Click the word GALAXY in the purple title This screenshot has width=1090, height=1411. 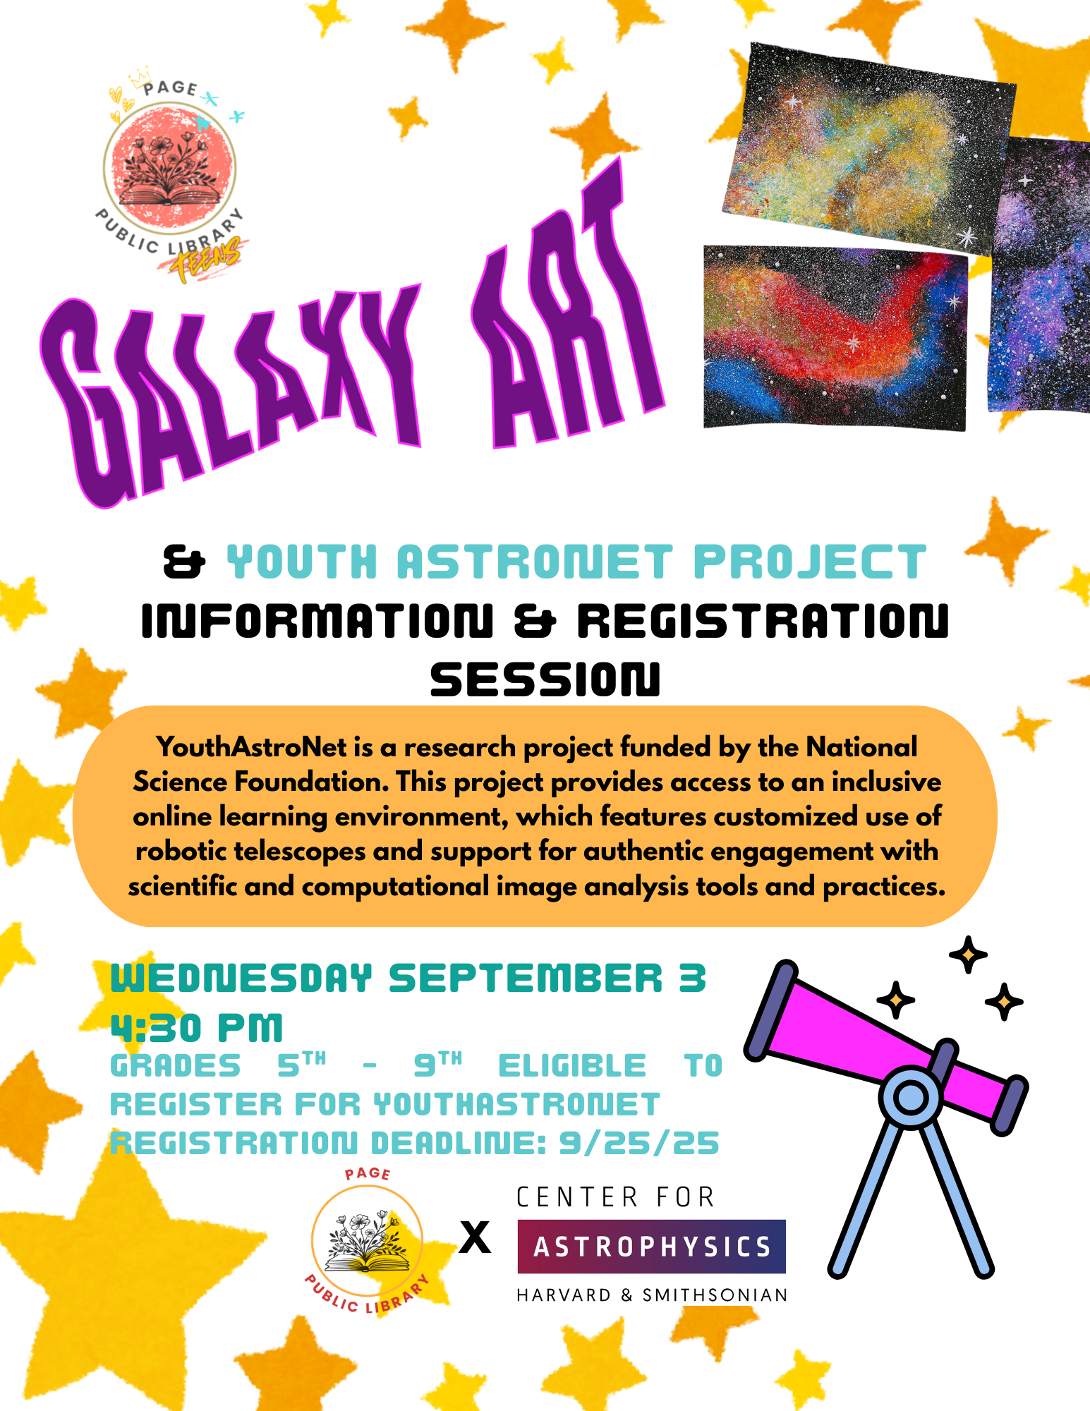(x=233, y=395)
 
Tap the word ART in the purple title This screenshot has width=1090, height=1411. (x=564, y=310)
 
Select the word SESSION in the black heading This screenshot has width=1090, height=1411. (x=545, y=679)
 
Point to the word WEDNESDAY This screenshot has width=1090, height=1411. (x=241, y=979)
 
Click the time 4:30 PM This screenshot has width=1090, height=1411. (x=197, y=1027)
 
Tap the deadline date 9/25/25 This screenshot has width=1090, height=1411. (x=639, y=1143)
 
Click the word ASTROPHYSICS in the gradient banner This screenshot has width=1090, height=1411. (x=652, y=1247)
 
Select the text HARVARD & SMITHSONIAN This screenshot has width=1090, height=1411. (x=652, y=1295)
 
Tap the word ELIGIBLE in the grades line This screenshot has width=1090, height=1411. (x=572, y=1066)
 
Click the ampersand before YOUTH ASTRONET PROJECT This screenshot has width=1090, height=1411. (x=184, y=562)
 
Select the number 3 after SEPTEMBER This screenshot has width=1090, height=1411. (x=692, y=979)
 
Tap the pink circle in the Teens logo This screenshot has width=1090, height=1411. (x=169, y=169)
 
